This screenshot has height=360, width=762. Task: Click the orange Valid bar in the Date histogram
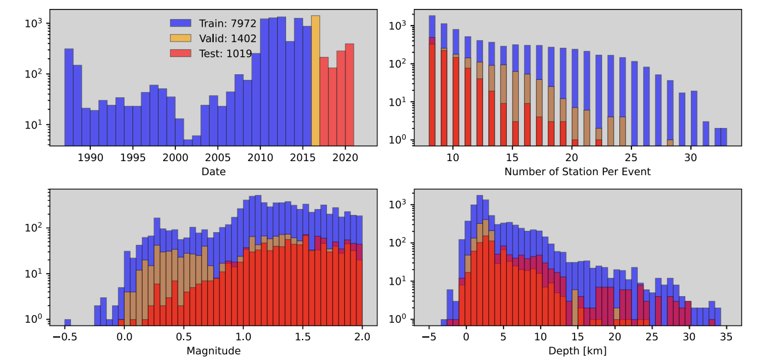315,80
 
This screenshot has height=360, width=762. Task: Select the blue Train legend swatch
181,23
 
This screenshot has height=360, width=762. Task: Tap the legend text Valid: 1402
227,38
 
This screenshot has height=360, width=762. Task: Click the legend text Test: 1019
225,54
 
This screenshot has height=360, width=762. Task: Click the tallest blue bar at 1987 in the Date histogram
69,97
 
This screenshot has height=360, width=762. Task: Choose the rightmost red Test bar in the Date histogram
349,94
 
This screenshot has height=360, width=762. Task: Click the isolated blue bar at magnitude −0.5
68,322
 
